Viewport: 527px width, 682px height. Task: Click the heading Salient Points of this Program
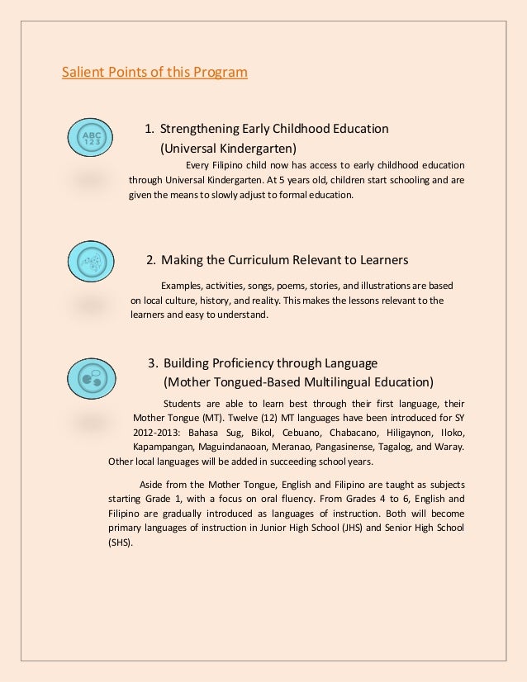pos(154,73)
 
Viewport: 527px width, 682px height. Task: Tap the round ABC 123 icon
pos(90,136)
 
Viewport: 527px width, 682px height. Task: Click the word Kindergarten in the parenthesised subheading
pos(258,149)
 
